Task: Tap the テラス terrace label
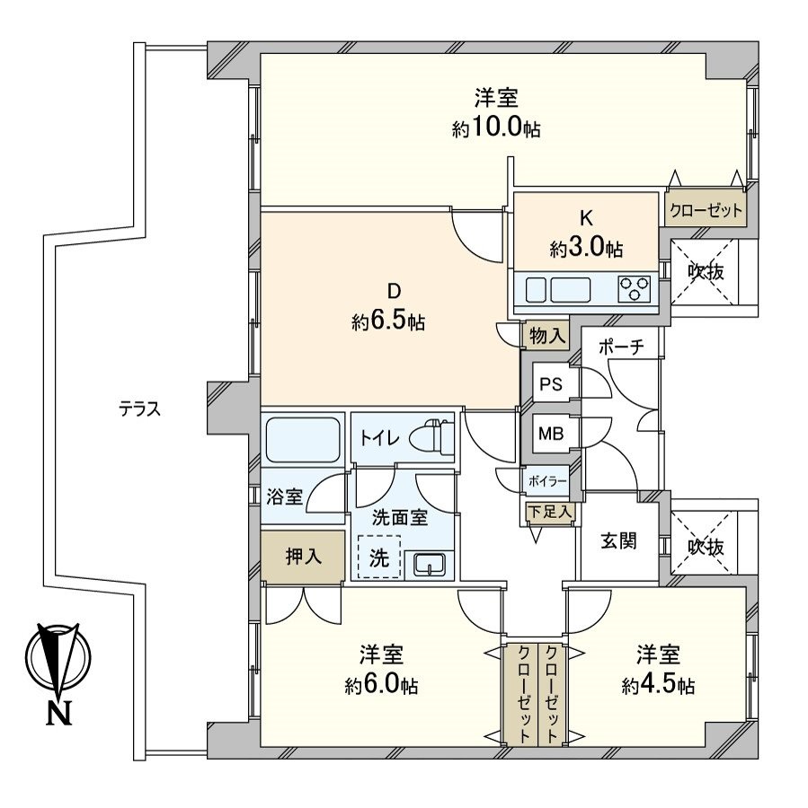click(x=139, y=409)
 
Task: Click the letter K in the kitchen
click(x=586, y=216)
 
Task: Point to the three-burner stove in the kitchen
click(x=635, y=290)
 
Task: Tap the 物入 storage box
click(x=546, y=336)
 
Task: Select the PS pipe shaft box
click(x=550, y=383)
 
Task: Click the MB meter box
click(x=550, y=435)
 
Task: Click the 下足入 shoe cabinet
click(x=549, y=512)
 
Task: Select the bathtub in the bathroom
click(x=304, y=438)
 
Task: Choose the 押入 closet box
click(x=302, y=557)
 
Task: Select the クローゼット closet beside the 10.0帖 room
click(x=706, y=210)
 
